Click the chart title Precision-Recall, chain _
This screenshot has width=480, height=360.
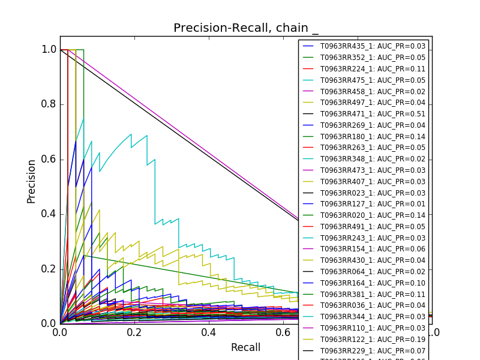point(246,28)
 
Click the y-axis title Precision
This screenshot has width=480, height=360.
point(32,181)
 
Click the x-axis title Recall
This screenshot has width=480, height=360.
point(245,348)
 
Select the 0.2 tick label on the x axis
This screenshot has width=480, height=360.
point(134,332)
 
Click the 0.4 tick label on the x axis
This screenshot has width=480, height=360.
point(209,332)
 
